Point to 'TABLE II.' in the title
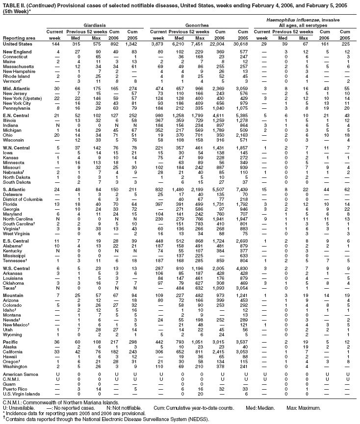14,3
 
